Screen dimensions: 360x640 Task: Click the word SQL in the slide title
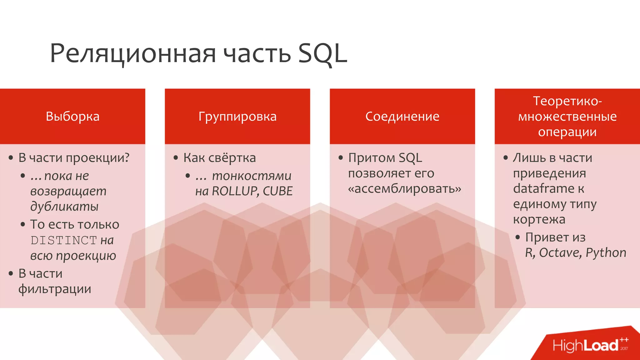(322, 54)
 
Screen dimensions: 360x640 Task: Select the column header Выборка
(72, 117)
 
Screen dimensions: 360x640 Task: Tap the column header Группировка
(237, 117)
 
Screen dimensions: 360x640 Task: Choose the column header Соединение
(402, 117)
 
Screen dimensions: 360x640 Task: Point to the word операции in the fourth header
(567, 132)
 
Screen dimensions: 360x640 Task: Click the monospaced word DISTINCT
(64, 240)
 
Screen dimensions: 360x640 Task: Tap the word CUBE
(278, 191)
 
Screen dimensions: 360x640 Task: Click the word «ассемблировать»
(405, 189)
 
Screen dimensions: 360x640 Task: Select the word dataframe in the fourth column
(543, 188)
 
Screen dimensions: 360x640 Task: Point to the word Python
(606, 253)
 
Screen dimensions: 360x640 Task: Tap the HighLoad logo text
(586, 346)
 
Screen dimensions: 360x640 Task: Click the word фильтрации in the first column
(55, 289)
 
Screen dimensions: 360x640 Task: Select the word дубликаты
(64, 207)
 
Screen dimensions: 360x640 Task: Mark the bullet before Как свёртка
(176, 158)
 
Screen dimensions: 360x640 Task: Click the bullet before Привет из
(517, 237)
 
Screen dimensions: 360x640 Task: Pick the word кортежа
(539, 219)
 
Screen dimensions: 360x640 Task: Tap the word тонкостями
(252, 176)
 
